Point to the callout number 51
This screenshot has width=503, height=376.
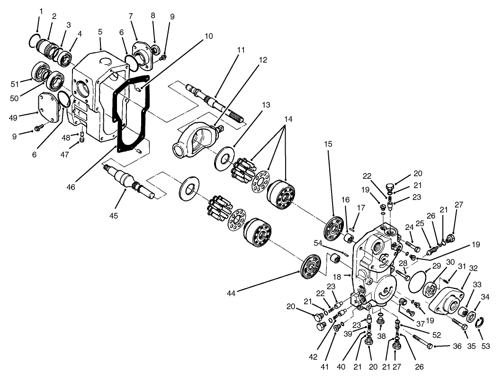15,84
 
